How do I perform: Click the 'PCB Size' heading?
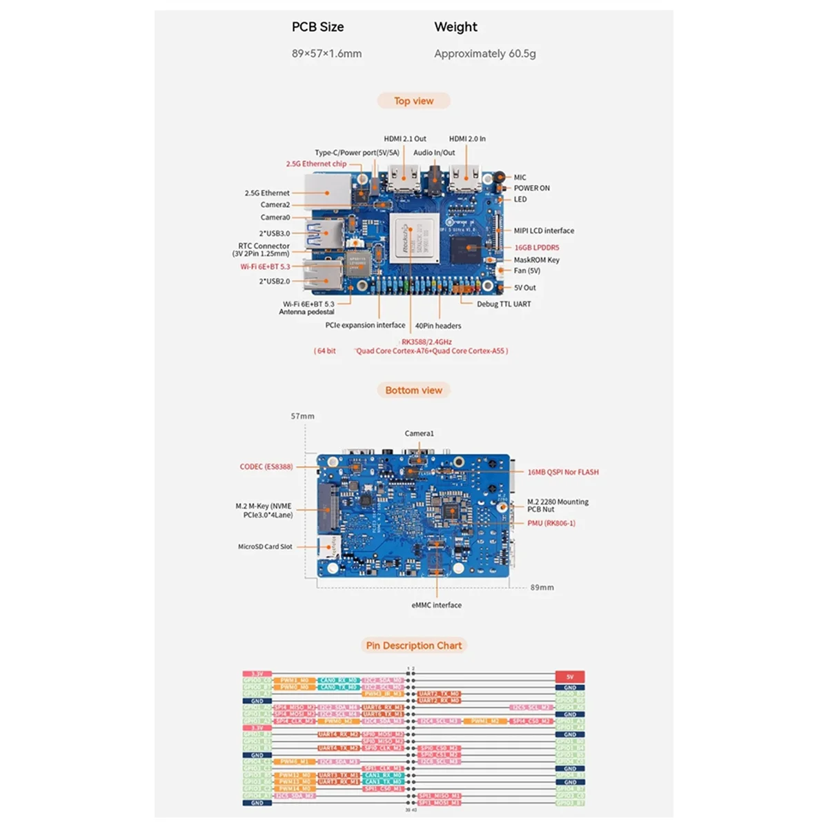coord(317,28)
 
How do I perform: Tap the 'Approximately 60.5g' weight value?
coord(485,54)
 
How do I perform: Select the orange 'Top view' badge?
coord(414,101)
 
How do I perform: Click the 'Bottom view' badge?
coord(414,391)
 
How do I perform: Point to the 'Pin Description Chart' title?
coord(414,646)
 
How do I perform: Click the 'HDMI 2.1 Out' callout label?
coord(405,139)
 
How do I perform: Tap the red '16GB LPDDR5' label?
coord(536,247)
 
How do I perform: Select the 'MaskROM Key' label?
coord(536,260)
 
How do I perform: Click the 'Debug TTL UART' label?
coord(504,304)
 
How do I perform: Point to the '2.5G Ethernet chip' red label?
coord(316,164)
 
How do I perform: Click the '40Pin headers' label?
coord(438,326)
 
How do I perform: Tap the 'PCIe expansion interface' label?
coord(365,325)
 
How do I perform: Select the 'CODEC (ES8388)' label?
coord(266,467)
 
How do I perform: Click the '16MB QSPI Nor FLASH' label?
coord(563,473)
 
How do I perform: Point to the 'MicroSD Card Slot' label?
coord(265,546)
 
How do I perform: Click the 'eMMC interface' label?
coord(436,605)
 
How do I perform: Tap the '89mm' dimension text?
coord(542,588)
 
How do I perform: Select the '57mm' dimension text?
coord(302,416)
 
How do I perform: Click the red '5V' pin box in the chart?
coord(570,677)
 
